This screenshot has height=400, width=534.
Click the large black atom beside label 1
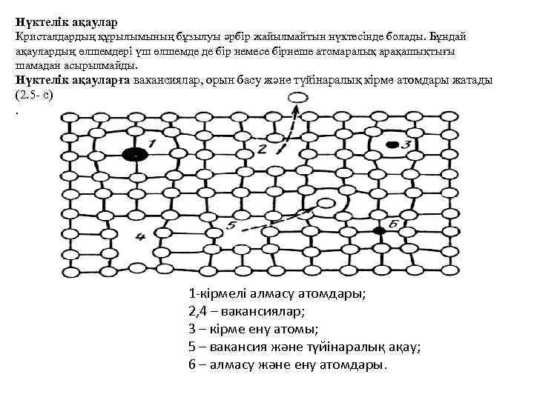tap(134, 155)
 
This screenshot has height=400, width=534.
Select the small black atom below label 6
tap(380, 232)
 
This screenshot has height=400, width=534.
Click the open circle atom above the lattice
tap(297, 98)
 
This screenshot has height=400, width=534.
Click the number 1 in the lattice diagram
tap(151, 142)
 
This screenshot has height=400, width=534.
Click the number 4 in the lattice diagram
tap(140, 237)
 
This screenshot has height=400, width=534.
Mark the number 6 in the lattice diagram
tap(392, 221)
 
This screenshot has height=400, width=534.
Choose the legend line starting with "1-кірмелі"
tap(277, 293)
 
